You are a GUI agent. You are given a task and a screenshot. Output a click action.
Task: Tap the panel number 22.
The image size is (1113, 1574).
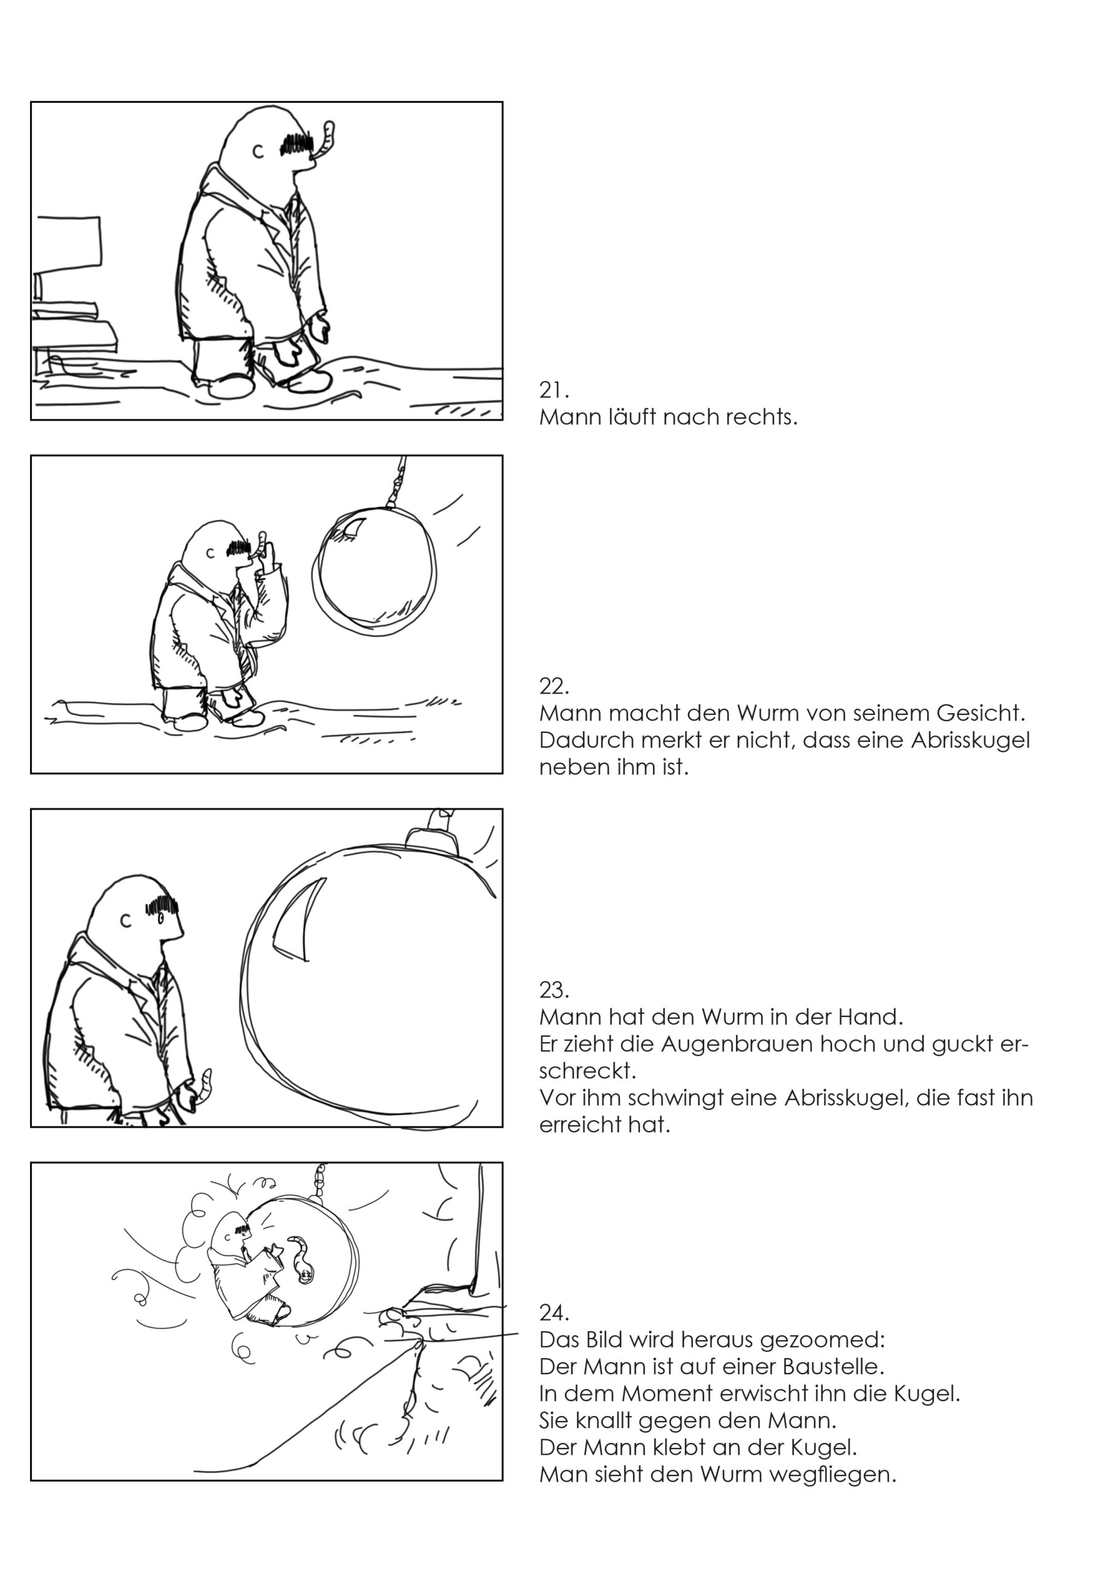[554, 686]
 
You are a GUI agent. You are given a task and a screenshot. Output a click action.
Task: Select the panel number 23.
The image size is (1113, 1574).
[554, 991]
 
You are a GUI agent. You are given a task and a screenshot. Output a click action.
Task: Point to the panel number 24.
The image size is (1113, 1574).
[554, 1313]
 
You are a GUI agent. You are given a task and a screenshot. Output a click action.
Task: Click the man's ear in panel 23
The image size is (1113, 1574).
[125, 920]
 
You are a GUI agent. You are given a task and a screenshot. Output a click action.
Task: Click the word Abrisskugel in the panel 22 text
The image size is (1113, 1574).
[970, 740]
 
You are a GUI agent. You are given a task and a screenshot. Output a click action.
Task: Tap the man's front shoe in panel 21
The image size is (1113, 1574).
[310, 381]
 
